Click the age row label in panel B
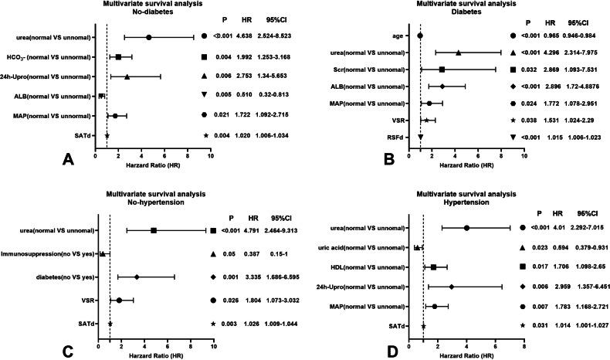[x=405, y=36]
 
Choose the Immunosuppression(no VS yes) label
[x=49, y=253]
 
